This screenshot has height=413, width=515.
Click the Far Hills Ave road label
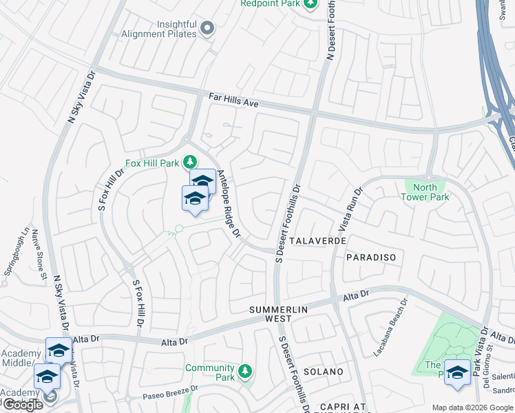click(233, 100)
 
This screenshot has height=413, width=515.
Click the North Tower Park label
click(425, 192)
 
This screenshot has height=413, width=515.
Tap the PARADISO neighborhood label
click(371, 257)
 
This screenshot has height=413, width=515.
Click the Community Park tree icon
click(244, 373)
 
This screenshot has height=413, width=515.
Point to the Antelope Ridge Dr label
click(228, 204)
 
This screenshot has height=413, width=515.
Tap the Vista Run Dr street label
click(348, 210)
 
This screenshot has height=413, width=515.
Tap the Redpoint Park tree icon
click(311, 4)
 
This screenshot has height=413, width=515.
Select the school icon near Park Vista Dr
click(457, 371)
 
